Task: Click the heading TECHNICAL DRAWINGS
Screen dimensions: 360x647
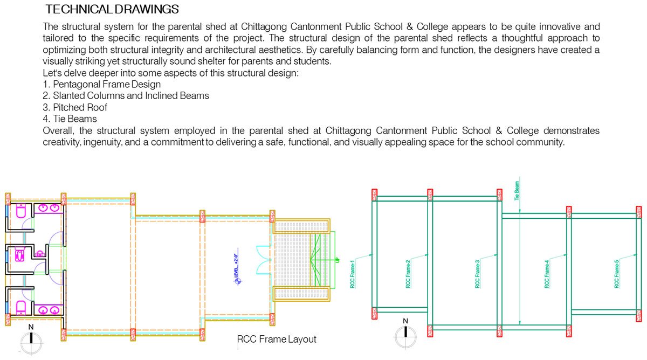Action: pos(112,10)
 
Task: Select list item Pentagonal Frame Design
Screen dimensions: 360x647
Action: pos(101,84)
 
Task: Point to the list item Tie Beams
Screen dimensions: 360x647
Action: pos(70,119)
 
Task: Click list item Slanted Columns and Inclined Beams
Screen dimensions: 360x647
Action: pos(126,95)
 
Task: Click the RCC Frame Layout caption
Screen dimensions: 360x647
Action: pos(277,340)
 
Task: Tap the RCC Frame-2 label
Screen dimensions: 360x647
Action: pos(409,275)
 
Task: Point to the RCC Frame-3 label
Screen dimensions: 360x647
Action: pos(478,275)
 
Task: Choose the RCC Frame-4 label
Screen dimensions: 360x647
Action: pos(547,275)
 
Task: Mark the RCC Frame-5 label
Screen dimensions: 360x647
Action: pos(617,275)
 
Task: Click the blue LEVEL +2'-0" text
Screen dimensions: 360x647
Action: pos(236,266)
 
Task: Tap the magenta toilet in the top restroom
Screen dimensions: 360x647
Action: pos(22,212)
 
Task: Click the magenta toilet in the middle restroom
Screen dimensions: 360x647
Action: pos(20,253)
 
